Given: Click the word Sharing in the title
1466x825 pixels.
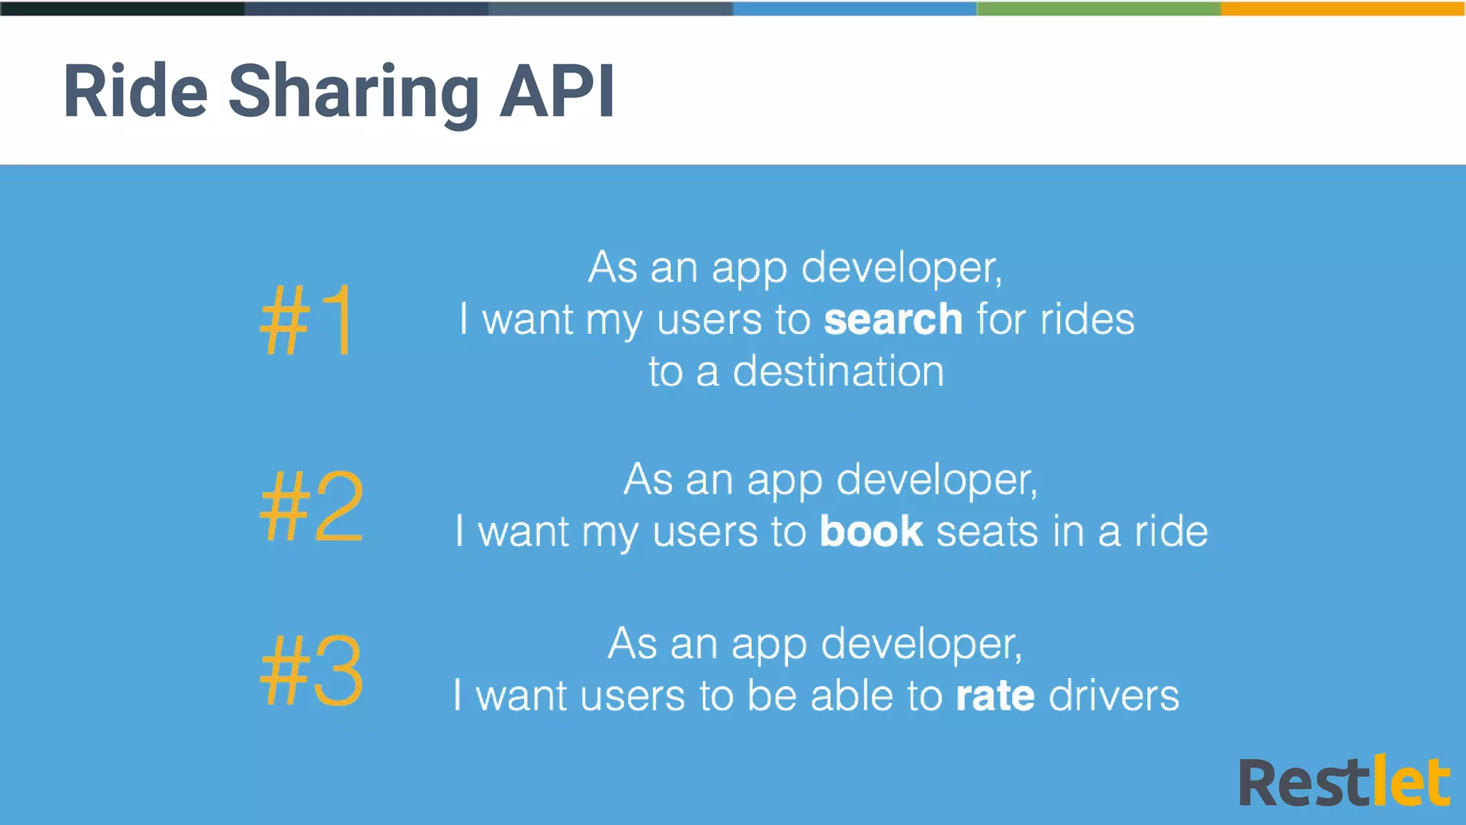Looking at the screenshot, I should point(354,93).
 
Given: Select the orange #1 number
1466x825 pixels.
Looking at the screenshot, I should point(306,319).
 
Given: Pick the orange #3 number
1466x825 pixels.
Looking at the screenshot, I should point(311,670).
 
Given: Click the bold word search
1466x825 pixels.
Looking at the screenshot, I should point(893,319).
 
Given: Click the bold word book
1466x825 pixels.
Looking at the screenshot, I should point(871,531).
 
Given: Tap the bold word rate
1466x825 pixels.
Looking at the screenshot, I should point(995,695).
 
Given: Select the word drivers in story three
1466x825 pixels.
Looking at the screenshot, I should point(1113,695).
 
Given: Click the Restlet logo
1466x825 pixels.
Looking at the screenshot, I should point(1344,782).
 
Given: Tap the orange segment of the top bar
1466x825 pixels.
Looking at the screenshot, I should point(1343,8).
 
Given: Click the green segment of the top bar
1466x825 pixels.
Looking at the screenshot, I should point(1099,8).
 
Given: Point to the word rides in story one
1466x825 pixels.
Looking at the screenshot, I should point(1087,319).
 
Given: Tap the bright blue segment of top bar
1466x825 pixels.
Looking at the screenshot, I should point(855,8).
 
